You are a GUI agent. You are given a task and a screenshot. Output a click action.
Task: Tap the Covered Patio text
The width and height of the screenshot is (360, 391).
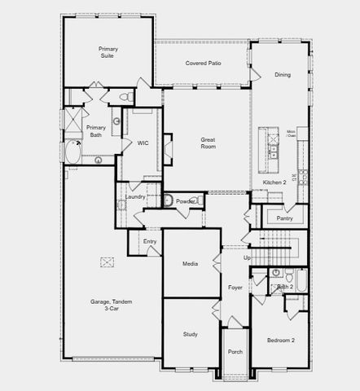(x=203, y=63)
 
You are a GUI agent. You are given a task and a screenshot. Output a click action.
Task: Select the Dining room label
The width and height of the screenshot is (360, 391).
(x=282, y=75)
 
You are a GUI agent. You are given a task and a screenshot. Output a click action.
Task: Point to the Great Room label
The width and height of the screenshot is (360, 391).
(x=209, y=143)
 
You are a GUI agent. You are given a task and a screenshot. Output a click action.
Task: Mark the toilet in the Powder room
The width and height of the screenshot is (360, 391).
(x=168, y=200)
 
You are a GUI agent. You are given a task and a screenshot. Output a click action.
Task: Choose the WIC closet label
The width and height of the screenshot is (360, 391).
(x=143, y=143)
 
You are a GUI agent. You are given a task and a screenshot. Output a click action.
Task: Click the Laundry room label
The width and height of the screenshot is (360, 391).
(x=135, y=196)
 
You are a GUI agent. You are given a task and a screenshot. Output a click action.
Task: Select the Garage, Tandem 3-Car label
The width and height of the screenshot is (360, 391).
(x=111, y=305)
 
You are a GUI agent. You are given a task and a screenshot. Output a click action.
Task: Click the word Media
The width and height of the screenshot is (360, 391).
(x=190, y=264)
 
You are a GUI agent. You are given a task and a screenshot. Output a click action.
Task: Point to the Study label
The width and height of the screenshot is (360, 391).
(x=191, y=334)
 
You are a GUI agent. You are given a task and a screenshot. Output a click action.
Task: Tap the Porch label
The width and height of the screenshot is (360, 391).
(x=235, y=352)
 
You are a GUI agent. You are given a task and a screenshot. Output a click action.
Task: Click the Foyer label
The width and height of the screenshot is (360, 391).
(x=235, y=287)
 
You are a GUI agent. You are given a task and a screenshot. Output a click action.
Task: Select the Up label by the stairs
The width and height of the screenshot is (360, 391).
(x=248, y=257)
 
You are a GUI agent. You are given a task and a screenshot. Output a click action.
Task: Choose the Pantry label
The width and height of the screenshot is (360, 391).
(x=284, y=218)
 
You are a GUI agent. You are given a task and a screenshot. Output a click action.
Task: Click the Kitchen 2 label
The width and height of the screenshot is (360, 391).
(x=274, y=182)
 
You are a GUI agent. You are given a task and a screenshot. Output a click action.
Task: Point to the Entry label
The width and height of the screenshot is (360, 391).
(x=150, y=241)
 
